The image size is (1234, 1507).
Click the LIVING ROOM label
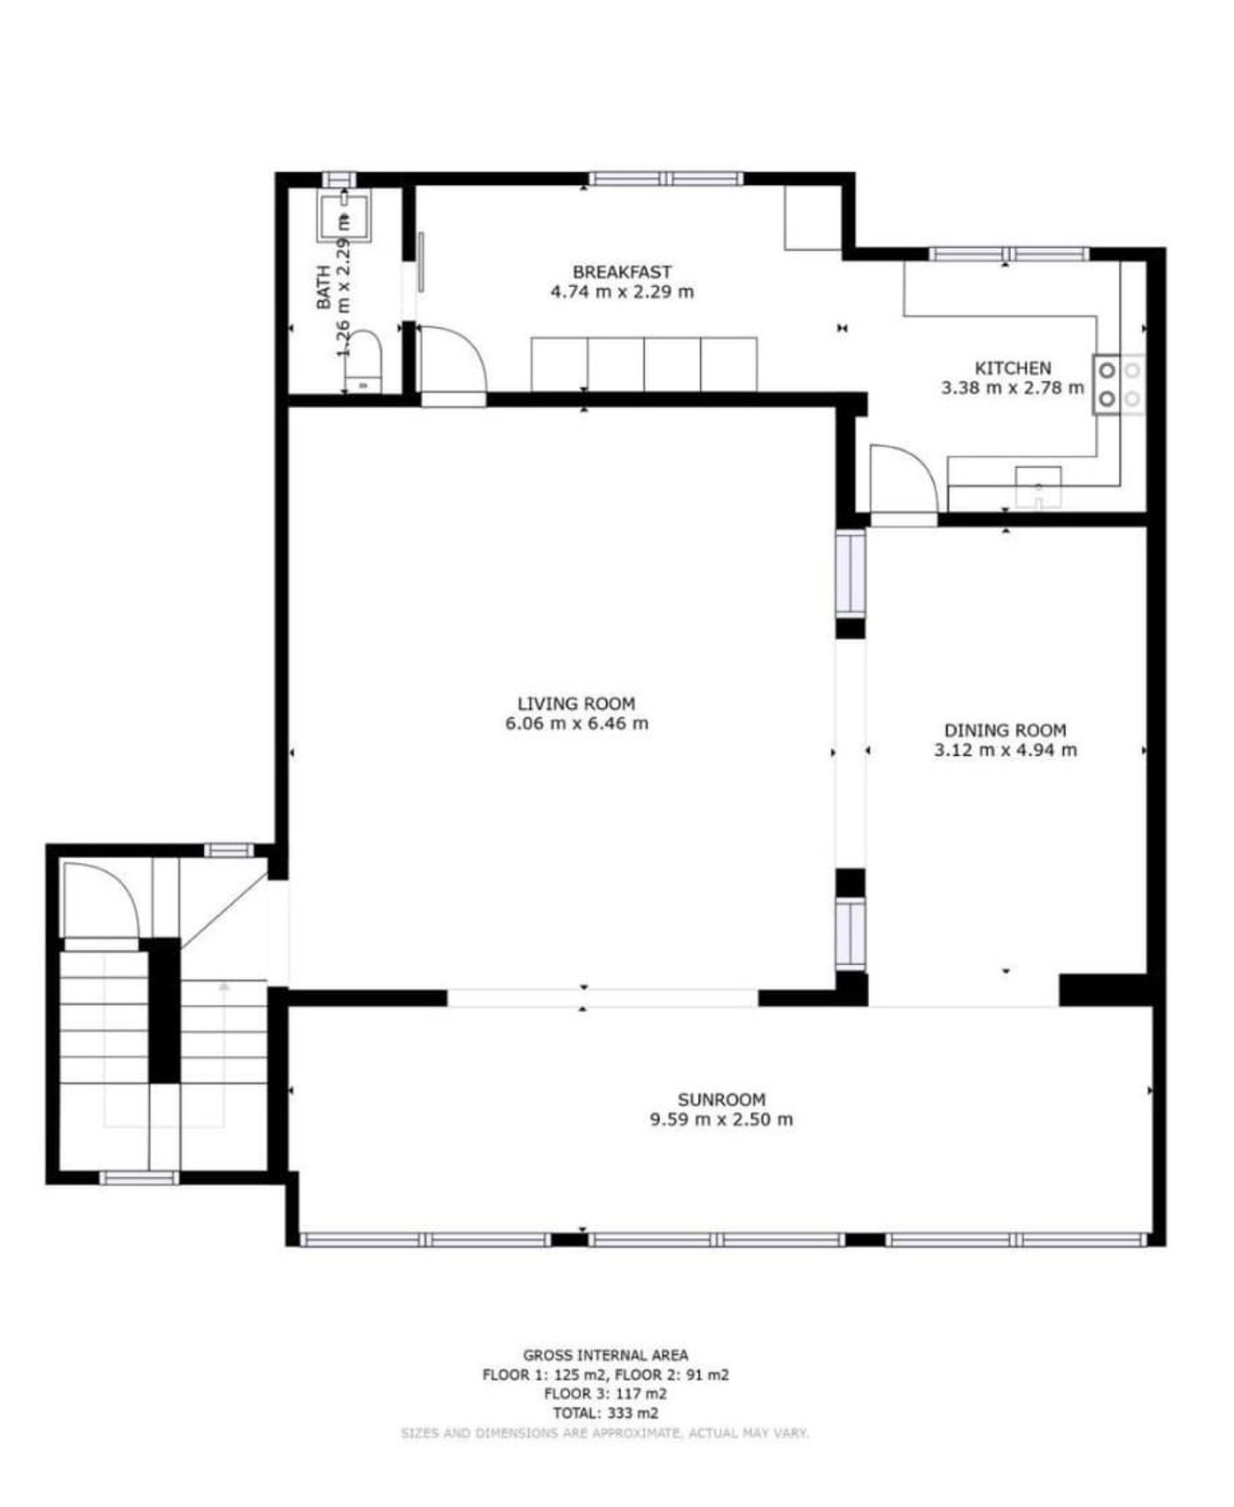(x=576, y=703)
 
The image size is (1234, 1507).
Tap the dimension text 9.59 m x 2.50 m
(x=721, y=1120)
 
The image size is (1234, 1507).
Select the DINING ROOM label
(x=1004, y=730)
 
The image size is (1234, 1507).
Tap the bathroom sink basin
(x=344, y=216)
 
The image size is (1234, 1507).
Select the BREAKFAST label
(x=622, y=271)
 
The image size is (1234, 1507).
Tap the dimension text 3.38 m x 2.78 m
(x=1013, y=388)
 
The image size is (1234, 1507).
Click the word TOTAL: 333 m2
(x=605, y=1413)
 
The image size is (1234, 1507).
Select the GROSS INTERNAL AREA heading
(x=605, y=1355)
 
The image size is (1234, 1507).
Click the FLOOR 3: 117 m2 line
(x=605, y=1393)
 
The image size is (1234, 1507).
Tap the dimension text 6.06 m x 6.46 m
(x=576, y=724)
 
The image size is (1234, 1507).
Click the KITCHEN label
(x=1013, y=368)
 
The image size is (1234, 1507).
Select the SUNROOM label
(x=721, y=1099)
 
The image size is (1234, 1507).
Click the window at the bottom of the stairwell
(x=138, y=1178)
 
